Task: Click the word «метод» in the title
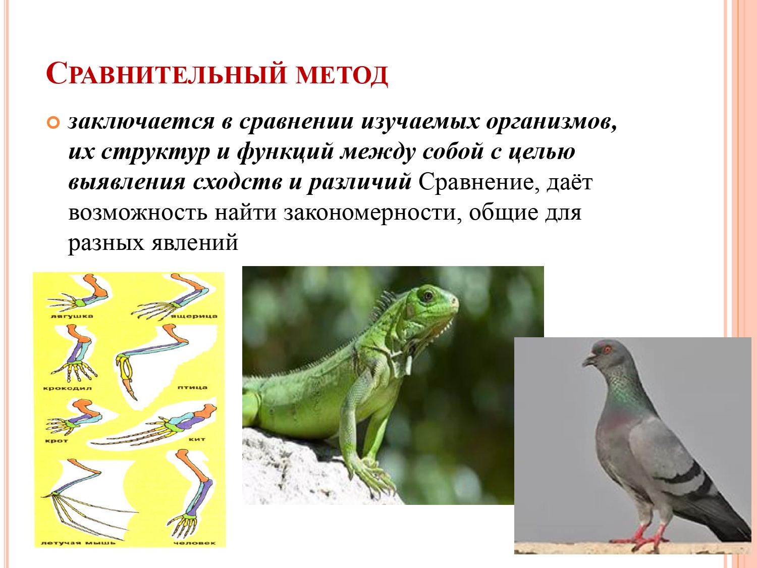coord(342,74)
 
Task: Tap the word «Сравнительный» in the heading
coord(166,73)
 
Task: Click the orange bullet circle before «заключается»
coord(53,123)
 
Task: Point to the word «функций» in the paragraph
coord(285,152)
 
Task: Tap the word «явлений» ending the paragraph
coord(195,242)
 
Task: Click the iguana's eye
coord(428,295)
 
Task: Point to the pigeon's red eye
coord(607,350)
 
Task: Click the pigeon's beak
coord(589,360)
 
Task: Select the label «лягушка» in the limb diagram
coord(72,316)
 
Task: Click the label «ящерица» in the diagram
coord(195,316)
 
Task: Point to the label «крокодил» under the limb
coord(67,388)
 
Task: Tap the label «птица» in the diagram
coord(192,387)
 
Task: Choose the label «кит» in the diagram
coord(197,439)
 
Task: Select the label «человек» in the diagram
coord(194,543)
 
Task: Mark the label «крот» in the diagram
coord(57,441)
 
